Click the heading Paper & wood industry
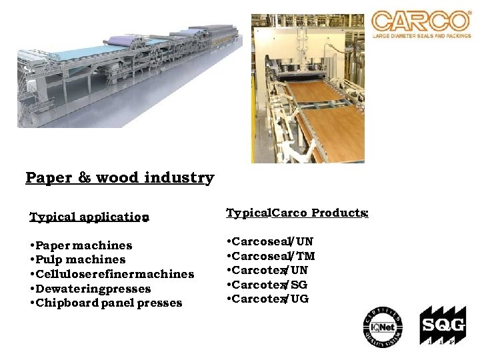tap(120, 178)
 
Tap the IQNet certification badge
tap(383, 327)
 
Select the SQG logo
tap(439, 327)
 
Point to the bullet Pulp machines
tap(77, 259)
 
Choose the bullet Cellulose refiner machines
tap(111, 274)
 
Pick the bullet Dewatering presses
tap(90, 289)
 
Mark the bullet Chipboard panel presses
tap(105, 303)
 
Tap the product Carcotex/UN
tap(267, 270)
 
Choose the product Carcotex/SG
tap(267, 285)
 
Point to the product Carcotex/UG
tap(268, 299)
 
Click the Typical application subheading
tap(89, 217)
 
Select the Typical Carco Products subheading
tap(297, 213)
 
